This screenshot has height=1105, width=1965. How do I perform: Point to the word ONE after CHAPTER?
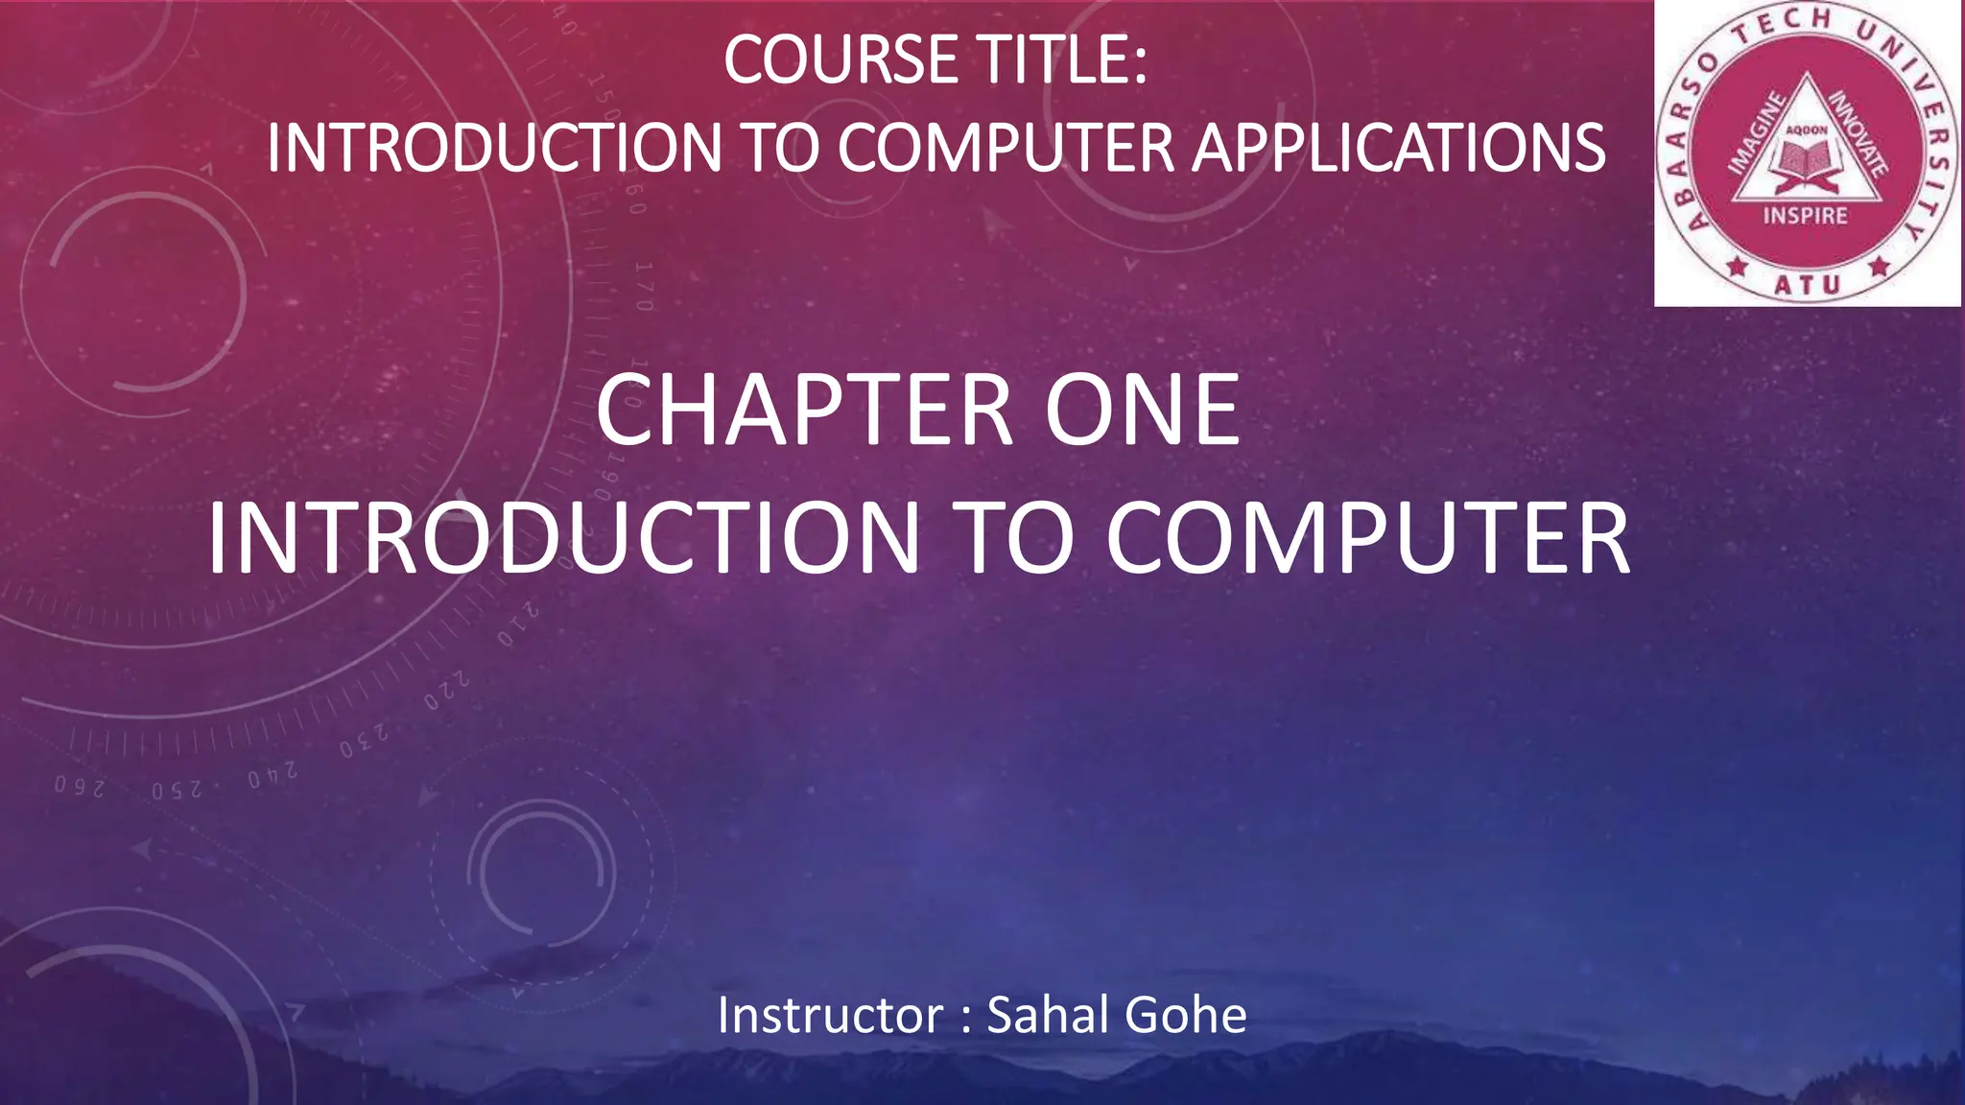[1142, 411]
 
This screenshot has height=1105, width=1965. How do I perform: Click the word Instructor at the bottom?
[830, 1015]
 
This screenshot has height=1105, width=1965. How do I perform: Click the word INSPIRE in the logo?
[1805, 216]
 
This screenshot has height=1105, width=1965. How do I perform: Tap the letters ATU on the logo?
[1807, 285]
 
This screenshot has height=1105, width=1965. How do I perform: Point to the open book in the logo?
[1807, 159]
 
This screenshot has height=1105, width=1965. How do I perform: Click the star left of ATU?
[1737, 266]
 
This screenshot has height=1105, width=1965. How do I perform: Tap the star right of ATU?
[1879, 266]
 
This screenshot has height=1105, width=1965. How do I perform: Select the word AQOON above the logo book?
[1807, 129]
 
